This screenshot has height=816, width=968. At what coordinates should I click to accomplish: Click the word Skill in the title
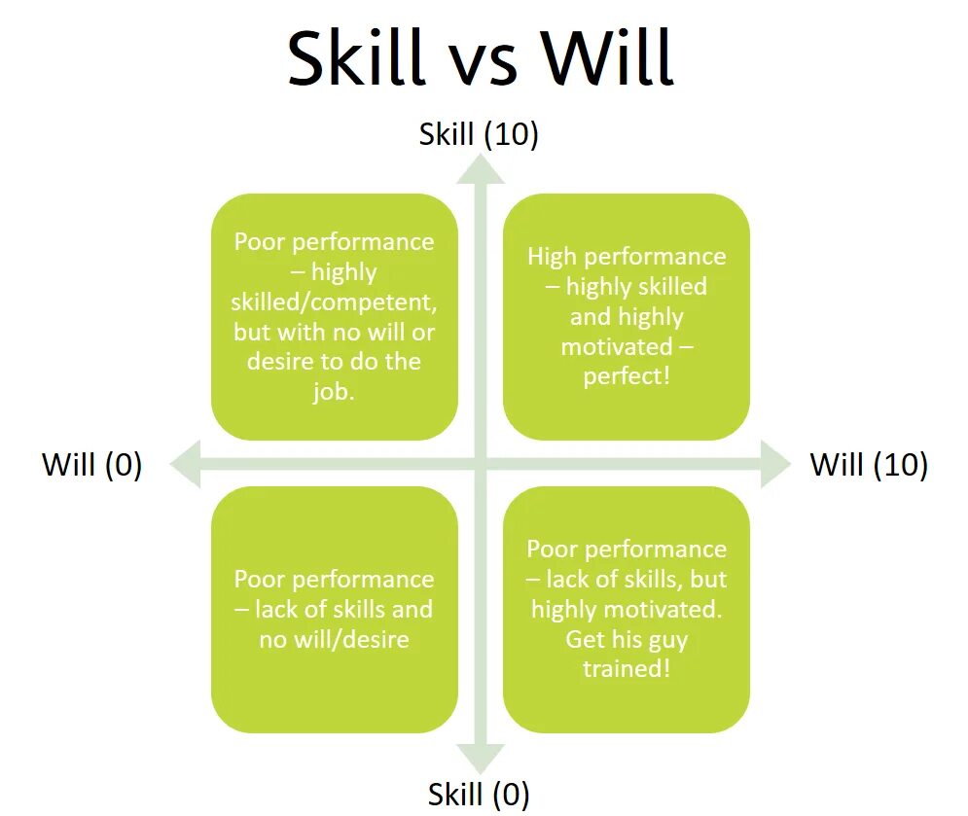click(x=356, y=58)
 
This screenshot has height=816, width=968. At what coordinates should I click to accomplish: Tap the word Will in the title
click(x=607, y=58)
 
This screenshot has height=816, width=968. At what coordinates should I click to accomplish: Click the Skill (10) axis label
click(x=479, y=134)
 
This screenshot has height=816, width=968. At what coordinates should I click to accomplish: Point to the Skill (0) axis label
click(x=479, y=794)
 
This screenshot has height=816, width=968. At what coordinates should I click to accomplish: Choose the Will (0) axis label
click(x=92, y=465)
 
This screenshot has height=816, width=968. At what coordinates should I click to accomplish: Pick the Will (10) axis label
click(x=869, y=465)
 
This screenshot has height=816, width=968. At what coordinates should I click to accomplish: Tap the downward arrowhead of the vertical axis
click(x=482, y=758)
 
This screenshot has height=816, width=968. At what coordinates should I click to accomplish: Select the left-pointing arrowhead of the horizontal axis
click(x=186, y=462)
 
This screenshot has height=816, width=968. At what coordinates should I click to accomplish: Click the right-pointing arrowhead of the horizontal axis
click(x=774, y=462)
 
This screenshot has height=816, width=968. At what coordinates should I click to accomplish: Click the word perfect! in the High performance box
click(x=627, y=376)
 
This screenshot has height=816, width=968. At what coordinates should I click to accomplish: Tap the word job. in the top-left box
click(x=335, y=391)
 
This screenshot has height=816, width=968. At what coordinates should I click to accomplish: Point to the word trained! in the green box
click(x=627, y=669)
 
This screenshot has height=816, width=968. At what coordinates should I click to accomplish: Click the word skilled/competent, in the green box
click(x=335, y=302)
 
